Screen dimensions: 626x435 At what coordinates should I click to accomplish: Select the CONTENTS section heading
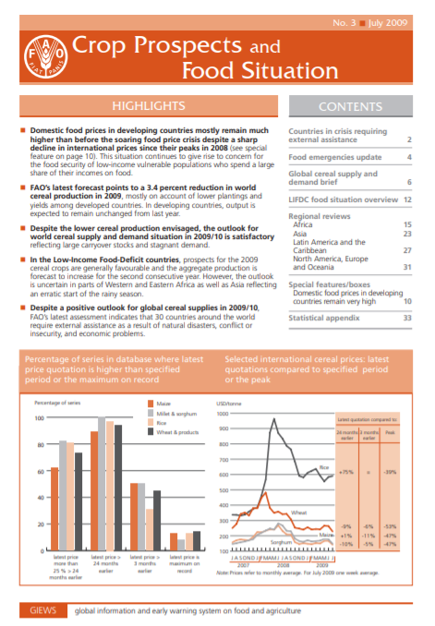(350, 107)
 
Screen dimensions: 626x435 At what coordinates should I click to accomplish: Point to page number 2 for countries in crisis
(408, 141)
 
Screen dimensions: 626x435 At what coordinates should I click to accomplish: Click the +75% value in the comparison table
(346, 472)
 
